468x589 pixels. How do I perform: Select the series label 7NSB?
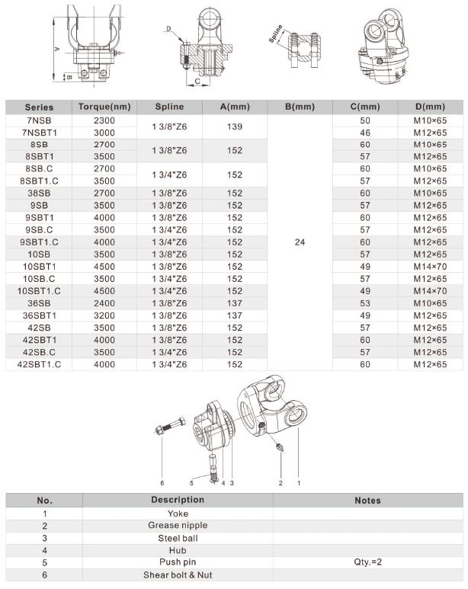point(38,120)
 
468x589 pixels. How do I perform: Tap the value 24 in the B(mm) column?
point(300,242)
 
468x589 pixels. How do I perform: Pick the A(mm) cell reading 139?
point(235,126)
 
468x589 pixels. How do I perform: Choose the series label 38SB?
point(38,194)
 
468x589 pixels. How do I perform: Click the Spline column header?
point(168,107)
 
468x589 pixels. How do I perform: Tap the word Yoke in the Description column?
point(177,514)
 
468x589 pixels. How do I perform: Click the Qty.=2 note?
point(367,562)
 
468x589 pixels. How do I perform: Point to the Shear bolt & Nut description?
point(177,575)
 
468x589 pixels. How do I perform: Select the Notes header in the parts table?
point(367,501)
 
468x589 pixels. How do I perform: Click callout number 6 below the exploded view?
point(162,483)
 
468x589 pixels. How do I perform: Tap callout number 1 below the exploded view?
point(298,483)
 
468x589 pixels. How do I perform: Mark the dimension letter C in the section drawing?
point(197,81)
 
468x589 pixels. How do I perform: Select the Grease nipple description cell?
point(177,526)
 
